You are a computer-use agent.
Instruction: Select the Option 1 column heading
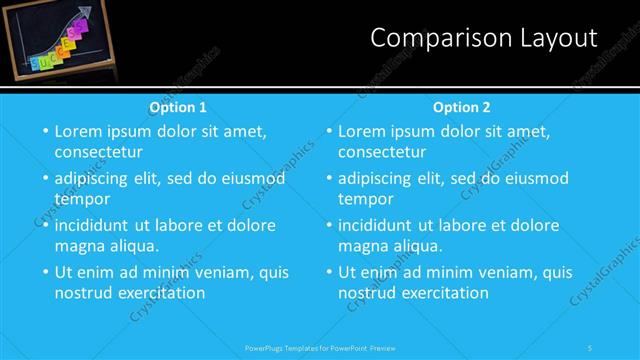(x=178, y=106)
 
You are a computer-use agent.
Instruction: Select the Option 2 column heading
(x=462, y=106)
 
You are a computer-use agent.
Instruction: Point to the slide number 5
(x=590, y=347)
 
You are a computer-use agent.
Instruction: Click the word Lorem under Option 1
(x=79, y=131)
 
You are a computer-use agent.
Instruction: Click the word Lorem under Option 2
(x=363, y=131)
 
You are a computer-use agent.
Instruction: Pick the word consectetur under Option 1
(x=98, y=152)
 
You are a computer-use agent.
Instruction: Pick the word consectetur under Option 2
(x=382, y=152)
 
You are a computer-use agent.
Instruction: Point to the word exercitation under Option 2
(x=444, y=293)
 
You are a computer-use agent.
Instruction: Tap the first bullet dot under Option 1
(x=44, y=131)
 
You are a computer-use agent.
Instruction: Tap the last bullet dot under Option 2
(x=328, y=272)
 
